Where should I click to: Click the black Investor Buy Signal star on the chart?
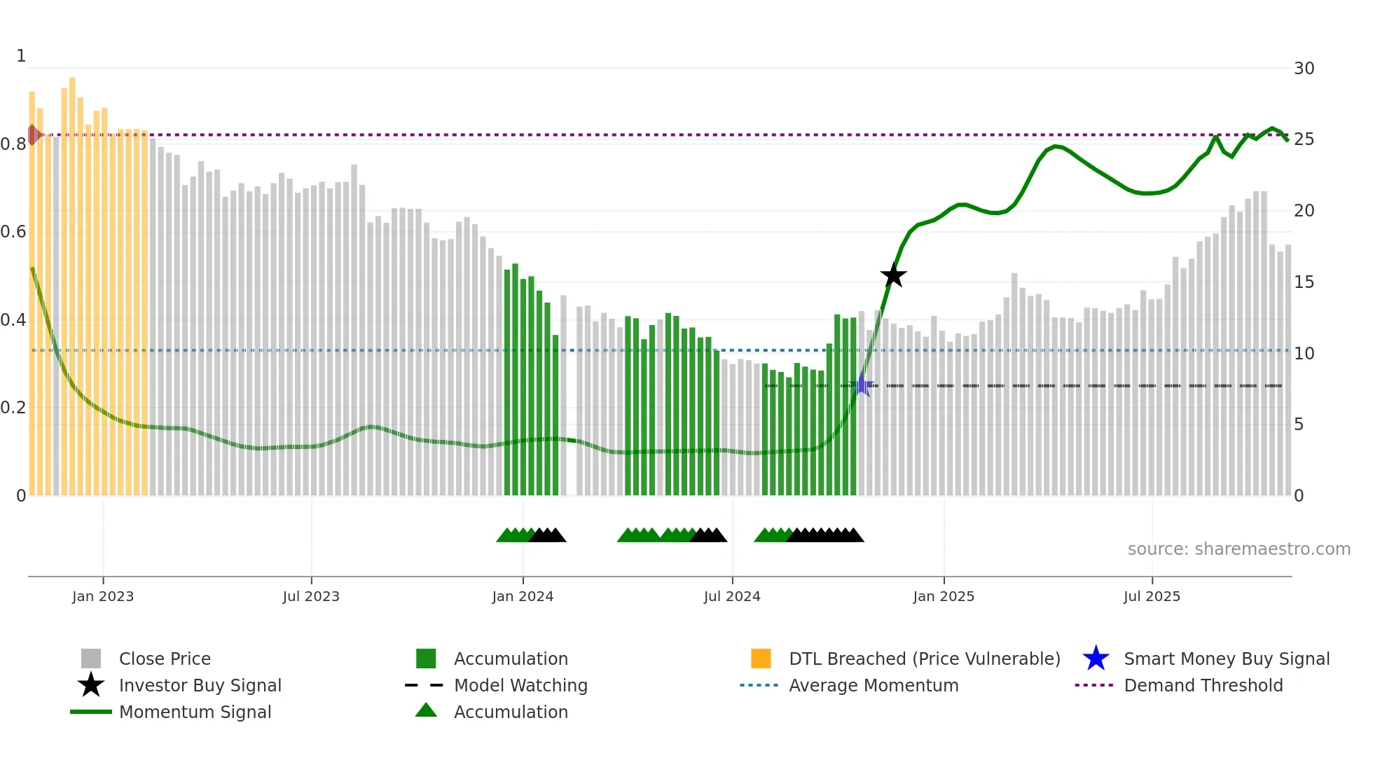tap(893, 275)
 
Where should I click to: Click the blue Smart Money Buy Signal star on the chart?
tap(862, 385)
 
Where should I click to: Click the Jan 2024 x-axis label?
tap(523, 596)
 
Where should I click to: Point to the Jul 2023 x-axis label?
tap(311, 596)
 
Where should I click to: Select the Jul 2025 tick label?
tap(1152, 596)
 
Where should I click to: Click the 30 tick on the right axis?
tap(1304, 69)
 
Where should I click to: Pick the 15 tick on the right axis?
tap(1304, 282)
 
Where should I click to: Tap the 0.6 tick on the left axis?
tap(13, 232)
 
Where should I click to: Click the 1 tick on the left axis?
tap(21, 56)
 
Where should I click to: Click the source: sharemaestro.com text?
tap(1239, 549)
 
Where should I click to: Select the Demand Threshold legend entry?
tap(1203, 685)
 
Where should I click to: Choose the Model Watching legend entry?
tap(520, 685)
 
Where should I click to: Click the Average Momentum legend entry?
tap(873, 685)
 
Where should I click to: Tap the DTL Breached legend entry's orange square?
tap(761, 659)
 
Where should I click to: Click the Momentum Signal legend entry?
tap(195, 712)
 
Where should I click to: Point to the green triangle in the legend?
tap(426, 710)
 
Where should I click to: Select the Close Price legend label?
tap(165, 659)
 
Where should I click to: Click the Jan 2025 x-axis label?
tap(944, 596)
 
